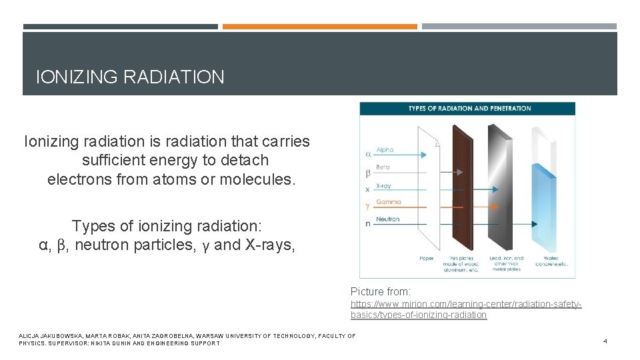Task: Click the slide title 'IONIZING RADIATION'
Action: point(130,77)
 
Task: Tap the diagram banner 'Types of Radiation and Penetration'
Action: point(469,108)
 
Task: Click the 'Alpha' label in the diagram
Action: point(385,151)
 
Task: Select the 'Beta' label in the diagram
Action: point(383,167)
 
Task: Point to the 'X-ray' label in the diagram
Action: point(383,186)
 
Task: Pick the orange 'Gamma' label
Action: point(388,202)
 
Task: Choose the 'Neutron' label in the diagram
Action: point(387,219)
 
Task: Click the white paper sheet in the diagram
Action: point(426,193)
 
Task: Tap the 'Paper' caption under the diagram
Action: point(427,259)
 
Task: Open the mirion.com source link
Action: point(466,309)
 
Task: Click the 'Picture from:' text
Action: point(381,291)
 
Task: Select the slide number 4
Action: point(605,341)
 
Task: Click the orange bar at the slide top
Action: point(319,27)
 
